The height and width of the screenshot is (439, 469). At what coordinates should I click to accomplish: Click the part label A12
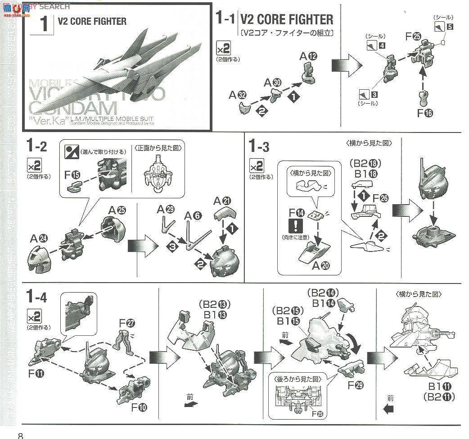click(x=309, y=56)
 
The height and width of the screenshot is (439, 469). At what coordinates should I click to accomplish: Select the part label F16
click(x=424, y=113)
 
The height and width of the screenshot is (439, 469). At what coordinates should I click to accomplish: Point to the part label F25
click(x=413, y=37)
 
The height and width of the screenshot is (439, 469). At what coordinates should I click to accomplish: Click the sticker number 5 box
click(x=450, y=26)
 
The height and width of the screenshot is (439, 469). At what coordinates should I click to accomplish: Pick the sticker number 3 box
click(x=374, y=95)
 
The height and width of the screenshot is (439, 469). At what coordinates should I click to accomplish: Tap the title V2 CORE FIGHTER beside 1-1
click(x=286, y=19)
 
